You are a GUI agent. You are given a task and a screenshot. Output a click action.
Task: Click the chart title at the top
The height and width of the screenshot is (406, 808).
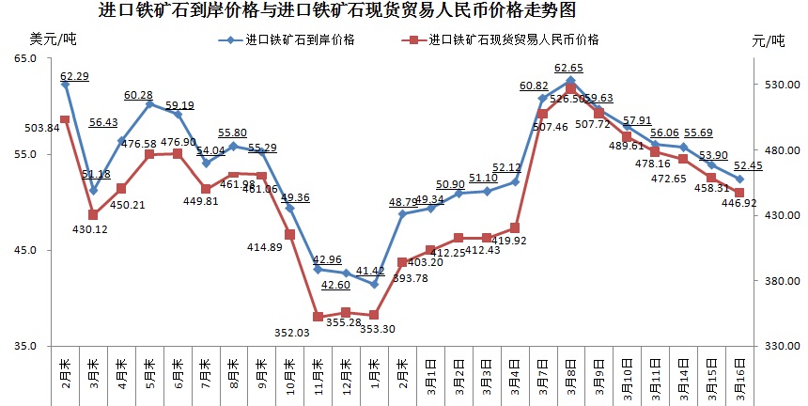tap(337, 11)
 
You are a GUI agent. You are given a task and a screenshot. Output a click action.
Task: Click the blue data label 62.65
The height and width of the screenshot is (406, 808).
tap(569, 68)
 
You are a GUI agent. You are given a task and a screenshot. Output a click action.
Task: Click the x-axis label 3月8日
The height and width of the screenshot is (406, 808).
tap(571, 374)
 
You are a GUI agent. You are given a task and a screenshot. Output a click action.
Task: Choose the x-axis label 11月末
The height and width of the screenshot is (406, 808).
tap(319, 375)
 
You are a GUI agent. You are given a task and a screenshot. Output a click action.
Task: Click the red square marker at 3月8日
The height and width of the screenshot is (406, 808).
tap(571, 87)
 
